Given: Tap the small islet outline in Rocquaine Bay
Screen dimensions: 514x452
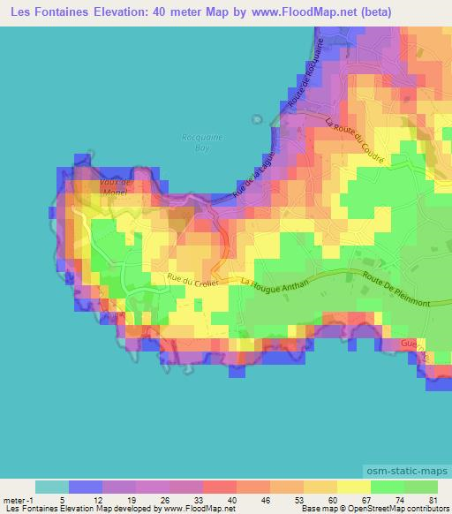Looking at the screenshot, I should pyautogui.click(x=256, y=119).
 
